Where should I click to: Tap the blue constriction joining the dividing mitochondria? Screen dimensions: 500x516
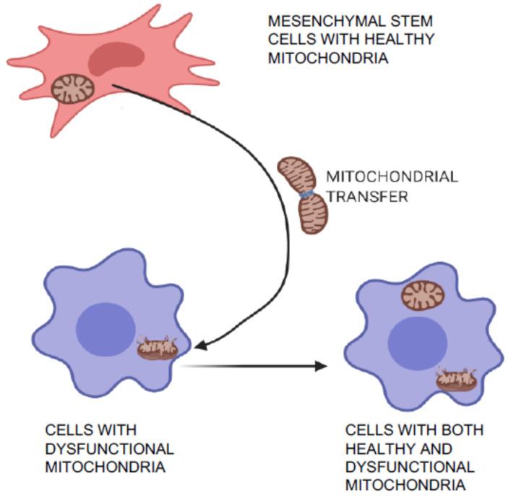tap(306, 194)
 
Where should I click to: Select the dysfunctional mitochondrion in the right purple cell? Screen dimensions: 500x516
tap(455, 378)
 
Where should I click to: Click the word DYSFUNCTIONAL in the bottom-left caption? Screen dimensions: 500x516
tap(109, 448)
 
